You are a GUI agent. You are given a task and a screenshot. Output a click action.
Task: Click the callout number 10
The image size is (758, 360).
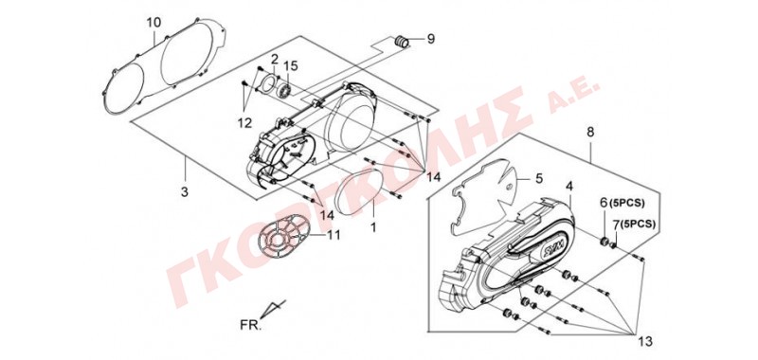[153, 22]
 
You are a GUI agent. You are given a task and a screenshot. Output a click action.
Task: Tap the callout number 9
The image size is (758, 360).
[431, 39]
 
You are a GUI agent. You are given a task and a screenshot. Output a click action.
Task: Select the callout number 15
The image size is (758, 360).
[289, 65]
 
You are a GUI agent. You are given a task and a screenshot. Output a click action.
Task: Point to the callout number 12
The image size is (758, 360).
[244, 123]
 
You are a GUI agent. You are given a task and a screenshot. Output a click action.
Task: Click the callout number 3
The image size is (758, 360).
[184, 191]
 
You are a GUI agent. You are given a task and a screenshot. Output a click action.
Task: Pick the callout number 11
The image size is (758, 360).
[334, 235]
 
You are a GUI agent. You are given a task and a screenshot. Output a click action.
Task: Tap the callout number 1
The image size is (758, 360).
[373, 225]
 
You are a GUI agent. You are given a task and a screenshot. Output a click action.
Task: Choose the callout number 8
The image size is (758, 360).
[590, 132]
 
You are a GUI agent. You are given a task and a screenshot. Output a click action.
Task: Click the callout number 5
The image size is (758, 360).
[539, 178]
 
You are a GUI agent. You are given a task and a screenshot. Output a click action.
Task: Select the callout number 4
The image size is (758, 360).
[569, 186]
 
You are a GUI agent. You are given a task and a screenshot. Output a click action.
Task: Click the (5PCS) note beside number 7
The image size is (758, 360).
[638, 225]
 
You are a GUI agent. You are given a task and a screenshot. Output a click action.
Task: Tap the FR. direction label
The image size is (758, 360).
[250, 325]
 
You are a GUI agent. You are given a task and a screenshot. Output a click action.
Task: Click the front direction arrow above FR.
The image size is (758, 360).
[275, 307]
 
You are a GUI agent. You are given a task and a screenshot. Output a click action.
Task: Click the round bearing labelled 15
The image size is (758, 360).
[285, 89]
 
